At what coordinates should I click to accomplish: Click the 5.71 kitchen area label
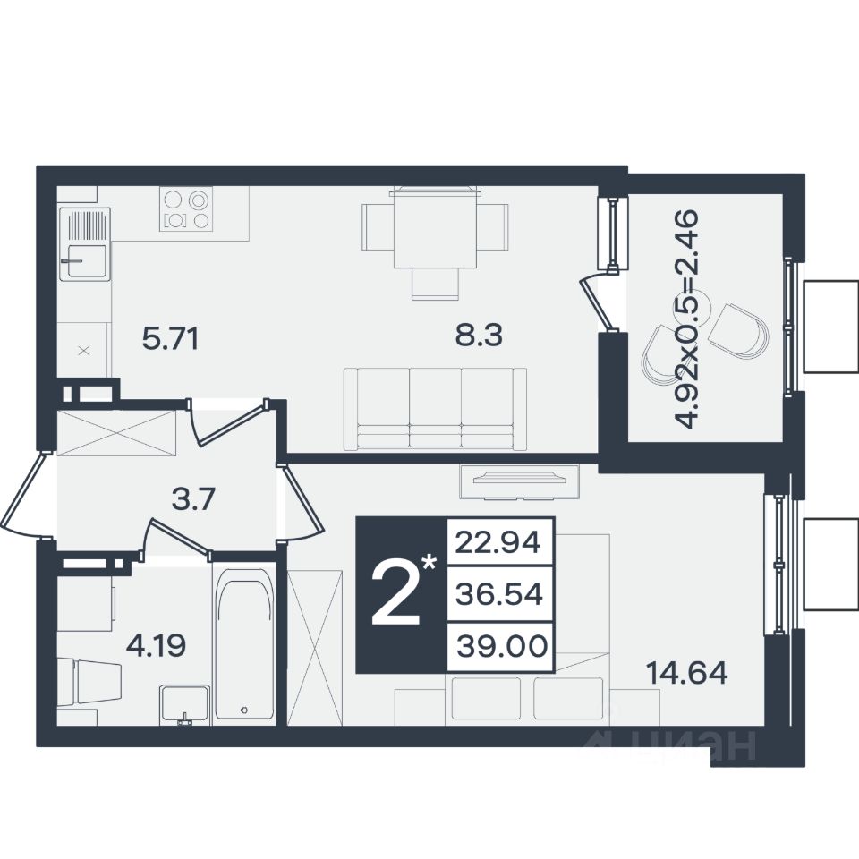tap(170, 339)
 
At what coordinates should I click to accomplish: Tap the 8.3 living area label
tap(479, 335)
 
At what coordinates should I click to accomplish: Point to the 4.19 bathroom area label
tap(156, 645)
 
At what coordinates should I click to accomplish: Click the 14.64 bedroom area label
tap(687, 673)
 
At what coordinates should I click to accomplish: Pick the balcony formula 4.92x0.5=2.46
tap(686, 319)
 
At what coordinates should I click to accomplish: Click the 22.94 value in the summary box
tap(498, 543)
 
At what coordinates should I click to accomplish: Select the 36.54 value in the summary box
tap(499, 594)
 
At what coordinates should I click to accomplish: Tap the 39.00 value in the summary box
tap(502, 646)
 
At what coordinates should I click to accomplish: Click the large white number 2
tap(396, 595)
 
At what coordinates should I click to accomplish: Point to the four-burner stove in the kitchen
tap(186, 208)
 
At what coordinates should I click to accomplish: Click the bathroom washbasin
tap(184, 705)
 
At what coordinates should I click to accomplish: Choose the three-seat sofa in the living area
tap(436, 409)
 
